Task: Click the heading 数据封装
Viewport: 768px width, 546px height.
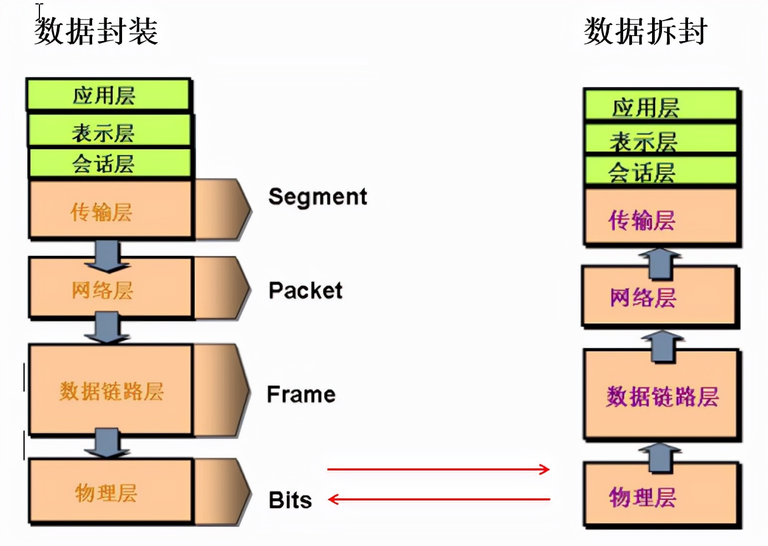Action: point(97,31)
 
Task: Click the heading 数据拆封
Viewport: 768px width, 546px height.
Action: point(645,31)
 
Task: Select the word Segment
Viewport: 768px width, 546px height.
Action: point(317,196)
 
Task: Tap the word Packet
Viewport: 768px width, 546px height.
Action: point(305,291)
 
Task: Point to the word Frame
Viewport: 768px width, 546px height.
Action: point(301,395)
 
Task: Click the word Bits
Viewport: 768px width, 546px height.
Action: point(290,500)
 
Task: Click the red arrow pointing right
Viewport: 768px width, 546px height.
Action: point(438,469)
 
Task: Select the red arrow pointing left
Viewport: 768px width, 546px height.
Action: point(438,499)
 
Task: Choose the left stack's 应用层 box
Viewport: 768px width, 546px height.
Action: point(108,95)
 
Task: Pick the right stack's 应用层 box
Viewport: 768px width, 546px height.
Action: point(660,105)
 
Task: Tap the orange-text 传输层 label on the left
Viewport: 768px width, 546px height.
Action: point(102,212)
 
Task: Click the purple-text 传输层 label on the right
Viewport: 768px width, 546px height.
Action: point(642,220)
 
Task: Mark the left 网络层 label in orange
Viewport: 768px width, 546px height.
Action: point(103,290)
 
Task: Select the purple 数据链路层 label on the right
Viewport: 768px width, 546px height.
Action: point(662,397)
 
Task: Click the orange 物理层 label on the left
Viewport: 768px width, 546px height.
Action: point(106,493)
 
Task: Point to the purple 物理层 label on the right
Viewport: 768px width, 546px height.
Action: point(643,497)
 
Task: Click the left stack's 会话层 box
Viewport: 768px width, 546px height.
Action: point(109,163)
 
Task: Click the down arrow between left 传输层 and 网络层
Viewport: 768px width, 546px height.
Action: point(108,255)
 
